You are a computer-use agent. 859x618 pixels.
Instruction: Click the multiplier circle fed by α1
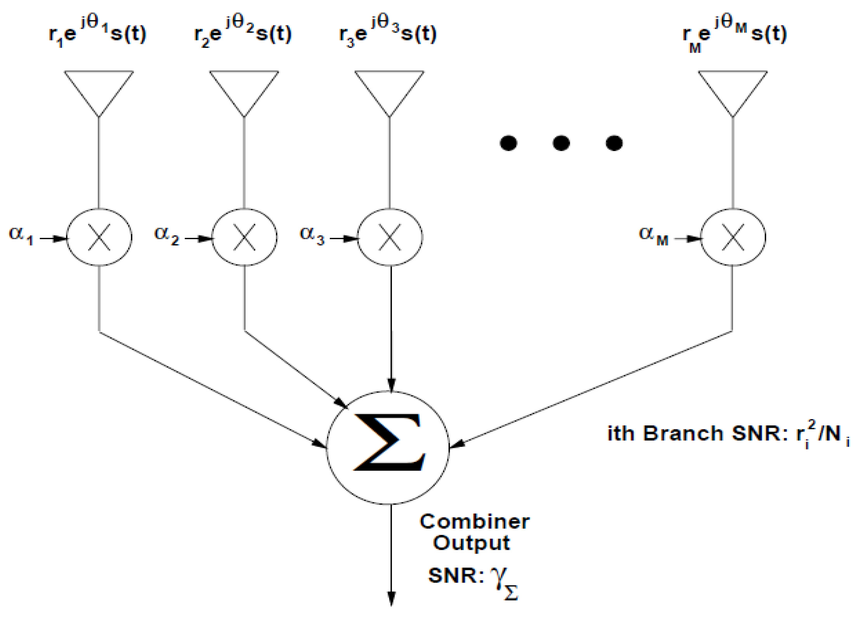(99, 237)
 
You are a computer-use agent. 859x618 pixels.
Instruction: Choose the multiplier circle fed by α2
(244, 237)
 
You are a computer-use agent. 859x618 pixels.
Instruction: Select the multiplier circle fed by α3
(390, 237)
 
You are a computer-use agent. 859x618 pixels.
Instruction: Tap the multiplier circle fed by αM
(733, 237)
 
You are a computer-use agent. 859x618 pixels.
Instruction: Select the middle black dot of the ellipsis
(561, 143)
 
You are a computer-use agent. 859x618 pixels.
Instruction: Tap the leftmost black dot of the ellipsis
(508, 143)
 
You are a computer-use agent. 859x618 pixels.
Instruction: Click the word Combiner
(474, 521)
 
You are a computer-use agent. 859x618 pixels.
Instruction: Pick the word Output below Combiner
(471, 543)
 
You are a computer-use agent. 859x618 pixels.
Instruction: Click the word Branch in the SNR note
(683, 433)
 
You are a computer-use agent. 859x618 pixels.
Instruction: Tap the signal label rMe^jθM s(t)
(734, 35)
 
